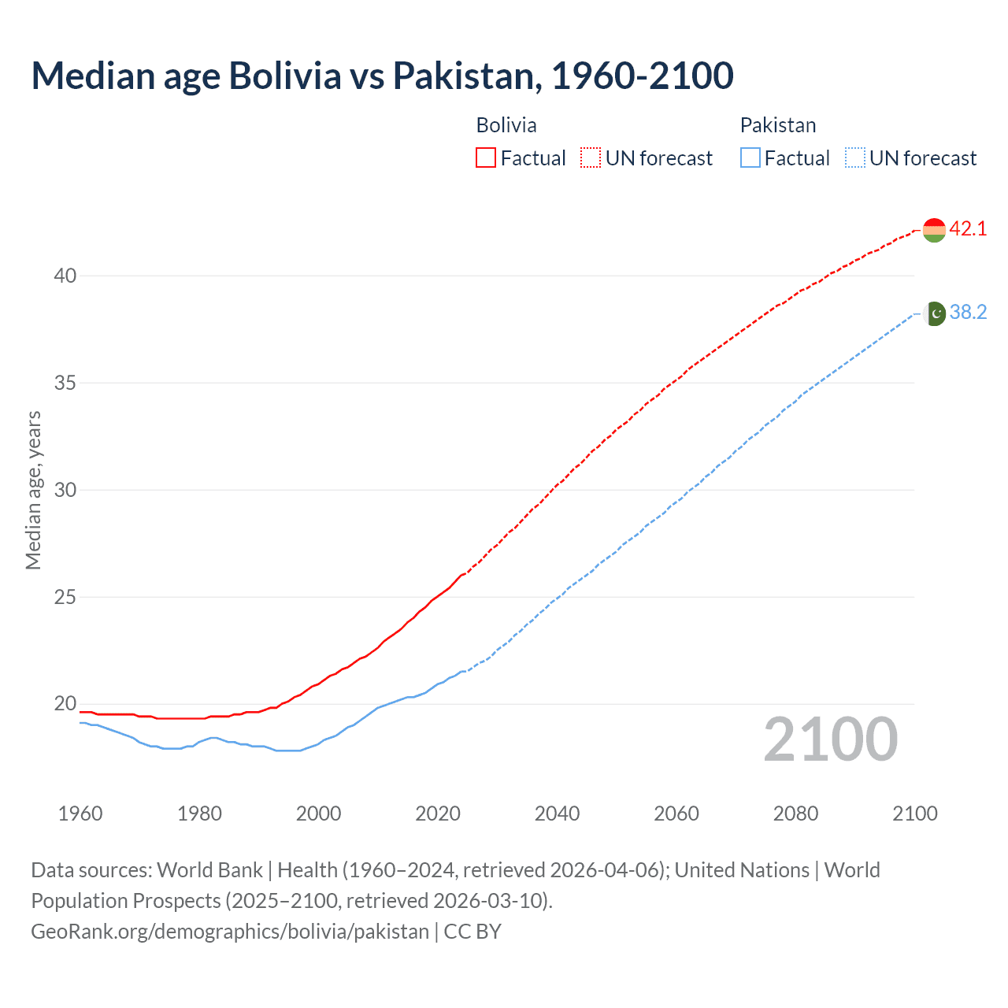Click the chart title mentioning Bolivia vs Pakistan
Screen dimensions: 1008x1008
[x=383, y=76]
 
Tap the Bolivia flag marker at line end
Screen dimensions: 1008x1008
[x=933, y=230]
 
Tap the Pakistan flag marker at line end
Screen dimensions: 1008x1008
[x=934, y=313]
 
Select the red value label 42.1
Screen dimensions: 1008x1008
[x=968, y=229]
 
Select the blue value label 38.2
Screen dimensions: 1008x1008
[x=968, y=313]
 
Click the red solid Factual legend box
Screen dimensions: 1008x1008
[x=486, y=158]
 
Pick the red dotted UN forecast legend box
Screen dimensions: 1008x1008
[x=591, y=158]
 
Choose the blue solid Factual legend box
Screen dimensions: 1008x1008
[x=750, y=158]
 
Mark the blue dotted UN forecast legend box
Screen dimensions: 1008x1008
[x=854, y=158]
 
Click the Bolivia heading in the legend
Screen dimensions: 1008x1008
[x=506, y=125]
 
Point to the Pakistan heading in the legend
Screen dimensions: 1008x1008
[x=777, y=125]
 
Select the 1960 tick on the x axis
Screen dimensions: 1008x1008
[x=80, y=813]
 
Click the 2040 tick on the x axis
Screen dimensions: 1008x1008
[x=557, y=813]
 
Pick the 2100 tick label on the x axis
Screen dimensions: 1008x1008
[x=914, y=813]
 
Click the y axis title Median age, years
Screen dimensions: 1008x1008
[x=33, y=490]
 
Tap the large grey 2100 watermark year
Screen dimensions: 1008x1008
[x=830, y=739]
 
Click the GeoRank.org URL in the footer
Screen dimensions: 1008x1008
[x=230, y=932]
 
